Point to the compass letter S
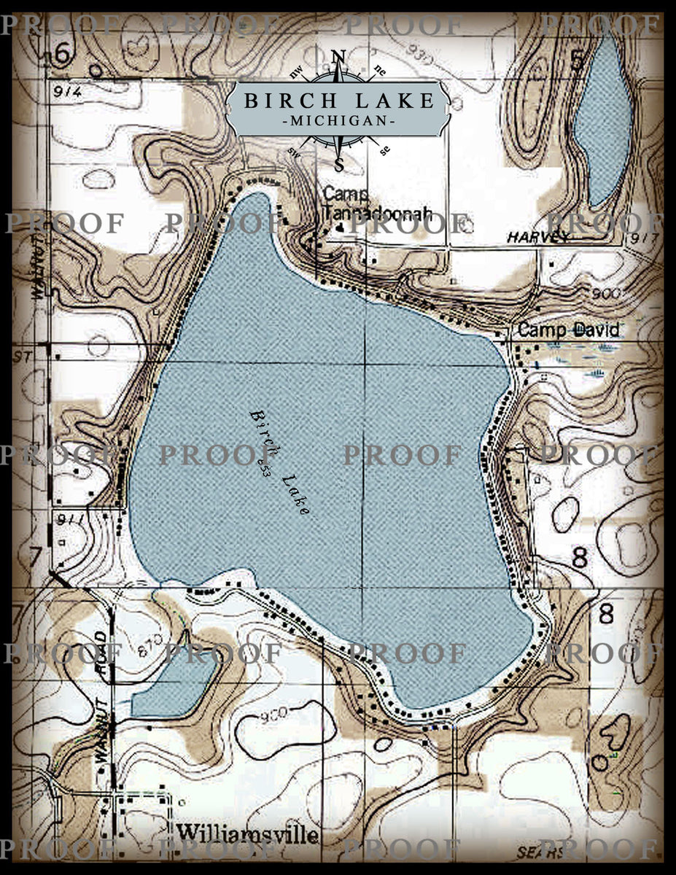coord(338,164)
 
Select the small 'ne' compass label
coord(379,71)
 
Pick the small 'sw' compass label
coord(295,151)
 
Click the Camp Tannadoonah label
coord(377,204)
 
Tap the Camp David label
coord(568,330)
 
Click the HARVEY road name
coord(539,237)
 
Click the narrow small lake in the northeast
coord(604,120)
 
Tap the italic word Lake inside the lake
coord(297,496)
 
